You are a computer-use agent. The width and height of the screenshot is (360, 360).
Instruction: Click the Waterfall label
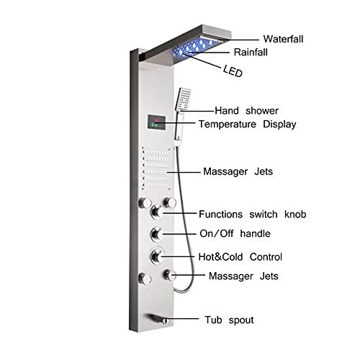coord(283,39)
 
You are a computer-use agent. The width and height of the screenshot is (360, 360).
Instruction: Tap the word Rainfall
coord(251,52)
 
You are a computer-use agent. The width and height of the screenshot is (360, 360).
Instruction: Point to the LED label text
coord(233,71)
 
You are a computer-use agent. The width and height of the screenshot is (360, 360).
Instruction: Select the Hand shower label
coord(246,111)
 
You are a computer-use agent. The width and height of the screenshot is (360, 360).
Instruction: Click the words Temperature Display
coord(248,125)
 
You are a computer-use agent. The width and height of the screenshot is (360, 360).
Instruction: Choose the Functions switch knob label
coord(253,214)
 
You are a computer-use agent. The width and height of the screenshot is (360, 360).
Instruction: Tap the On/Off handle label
coord(235,233)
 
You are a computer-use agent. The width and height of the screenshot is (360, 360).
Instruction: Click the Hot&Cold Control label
coord(240,257)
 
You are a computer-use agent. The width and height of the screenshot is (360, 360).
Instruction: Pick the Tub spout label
coord(229,320)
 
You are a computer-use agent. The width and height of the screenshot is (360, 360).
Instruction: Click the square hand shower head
coord(183,99)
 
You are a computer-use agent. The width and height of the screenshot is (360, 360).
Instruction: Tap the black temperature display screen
coord(156,122)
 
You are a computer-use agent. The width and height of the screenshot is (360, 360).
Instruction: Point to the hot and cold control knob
coord(156,256)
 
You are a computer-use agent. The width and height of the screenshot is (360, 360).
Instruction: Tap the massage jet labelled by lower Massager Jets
coord(169,275)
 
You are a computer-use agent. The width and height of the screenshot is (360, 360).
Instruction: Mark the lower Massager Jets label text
coord(243,276)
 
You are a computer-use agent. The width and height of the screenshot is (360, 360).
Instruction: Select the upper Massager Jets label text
coord(238,171)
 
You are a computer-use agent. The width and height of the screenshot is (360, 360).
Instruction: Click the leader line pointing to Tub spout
coord(183,319)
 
